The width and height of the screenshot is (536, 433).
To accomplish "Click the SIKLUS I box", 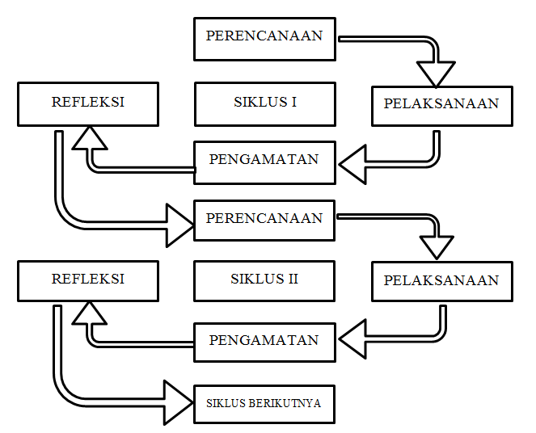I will click(x=264, y=103).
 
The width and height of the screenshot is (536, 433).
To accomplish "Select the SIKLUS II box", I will click(x=264, y=280).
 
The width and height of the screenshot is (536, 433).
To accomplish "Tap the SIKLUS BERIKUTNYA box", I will click(x=264, y=402).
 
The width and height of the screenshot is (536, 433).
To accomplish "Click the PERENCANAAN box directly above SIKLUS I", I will click(x=264, y=37).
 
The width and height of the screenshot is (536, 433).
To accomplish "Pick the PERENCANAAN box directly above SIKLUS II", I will click(x=264, y=219).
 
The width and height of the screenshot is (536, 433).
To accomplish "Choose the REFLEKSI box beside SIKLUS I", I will click(x=87, y=103).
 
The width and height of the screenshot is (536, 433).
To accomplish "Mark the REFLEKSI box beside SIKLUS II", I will click(x=87, y=280).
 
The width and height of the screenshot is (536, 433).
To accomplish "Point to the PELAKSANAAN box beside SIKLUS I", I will click(x=441, y=104).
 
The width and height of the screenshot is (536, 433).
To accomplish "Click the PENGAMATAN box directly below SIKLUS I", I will click(x=264, y=160).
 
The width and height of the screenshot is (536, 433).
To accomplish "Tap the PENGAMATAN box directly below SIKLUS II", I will click(x=264, y=341).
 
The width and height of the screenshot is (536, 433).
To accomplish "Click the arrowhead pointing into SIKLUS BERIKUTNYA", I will click(x=178, y=401).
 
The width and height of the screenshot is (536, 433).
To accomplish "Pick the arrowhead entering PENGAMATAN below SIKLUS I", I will click(x=353, y=166).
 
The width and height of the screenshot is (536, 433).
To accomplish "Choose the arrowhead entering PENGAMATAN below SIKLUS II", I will click(x=353, y=340).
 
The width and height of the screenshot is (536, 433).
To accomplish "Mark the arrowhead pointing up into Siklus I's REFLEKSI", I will click(x=89, y=141).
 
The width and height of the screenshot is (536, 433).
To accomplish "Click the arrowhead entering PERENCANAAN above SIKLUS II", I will click(x=179, y=225).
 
